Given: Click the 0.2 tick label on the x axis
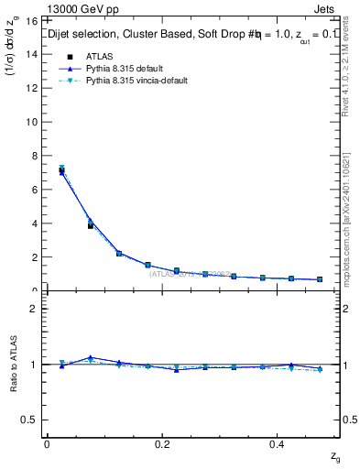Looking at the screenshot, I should (x=162, y=444).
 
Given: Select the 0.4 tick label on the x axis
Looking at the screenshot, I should (x=278, y=444).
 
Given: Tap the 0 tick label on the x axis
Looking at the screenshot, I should (x=46, y=444).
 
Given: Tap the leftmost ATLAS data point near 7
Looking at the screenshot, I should (x=61, y=170).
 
